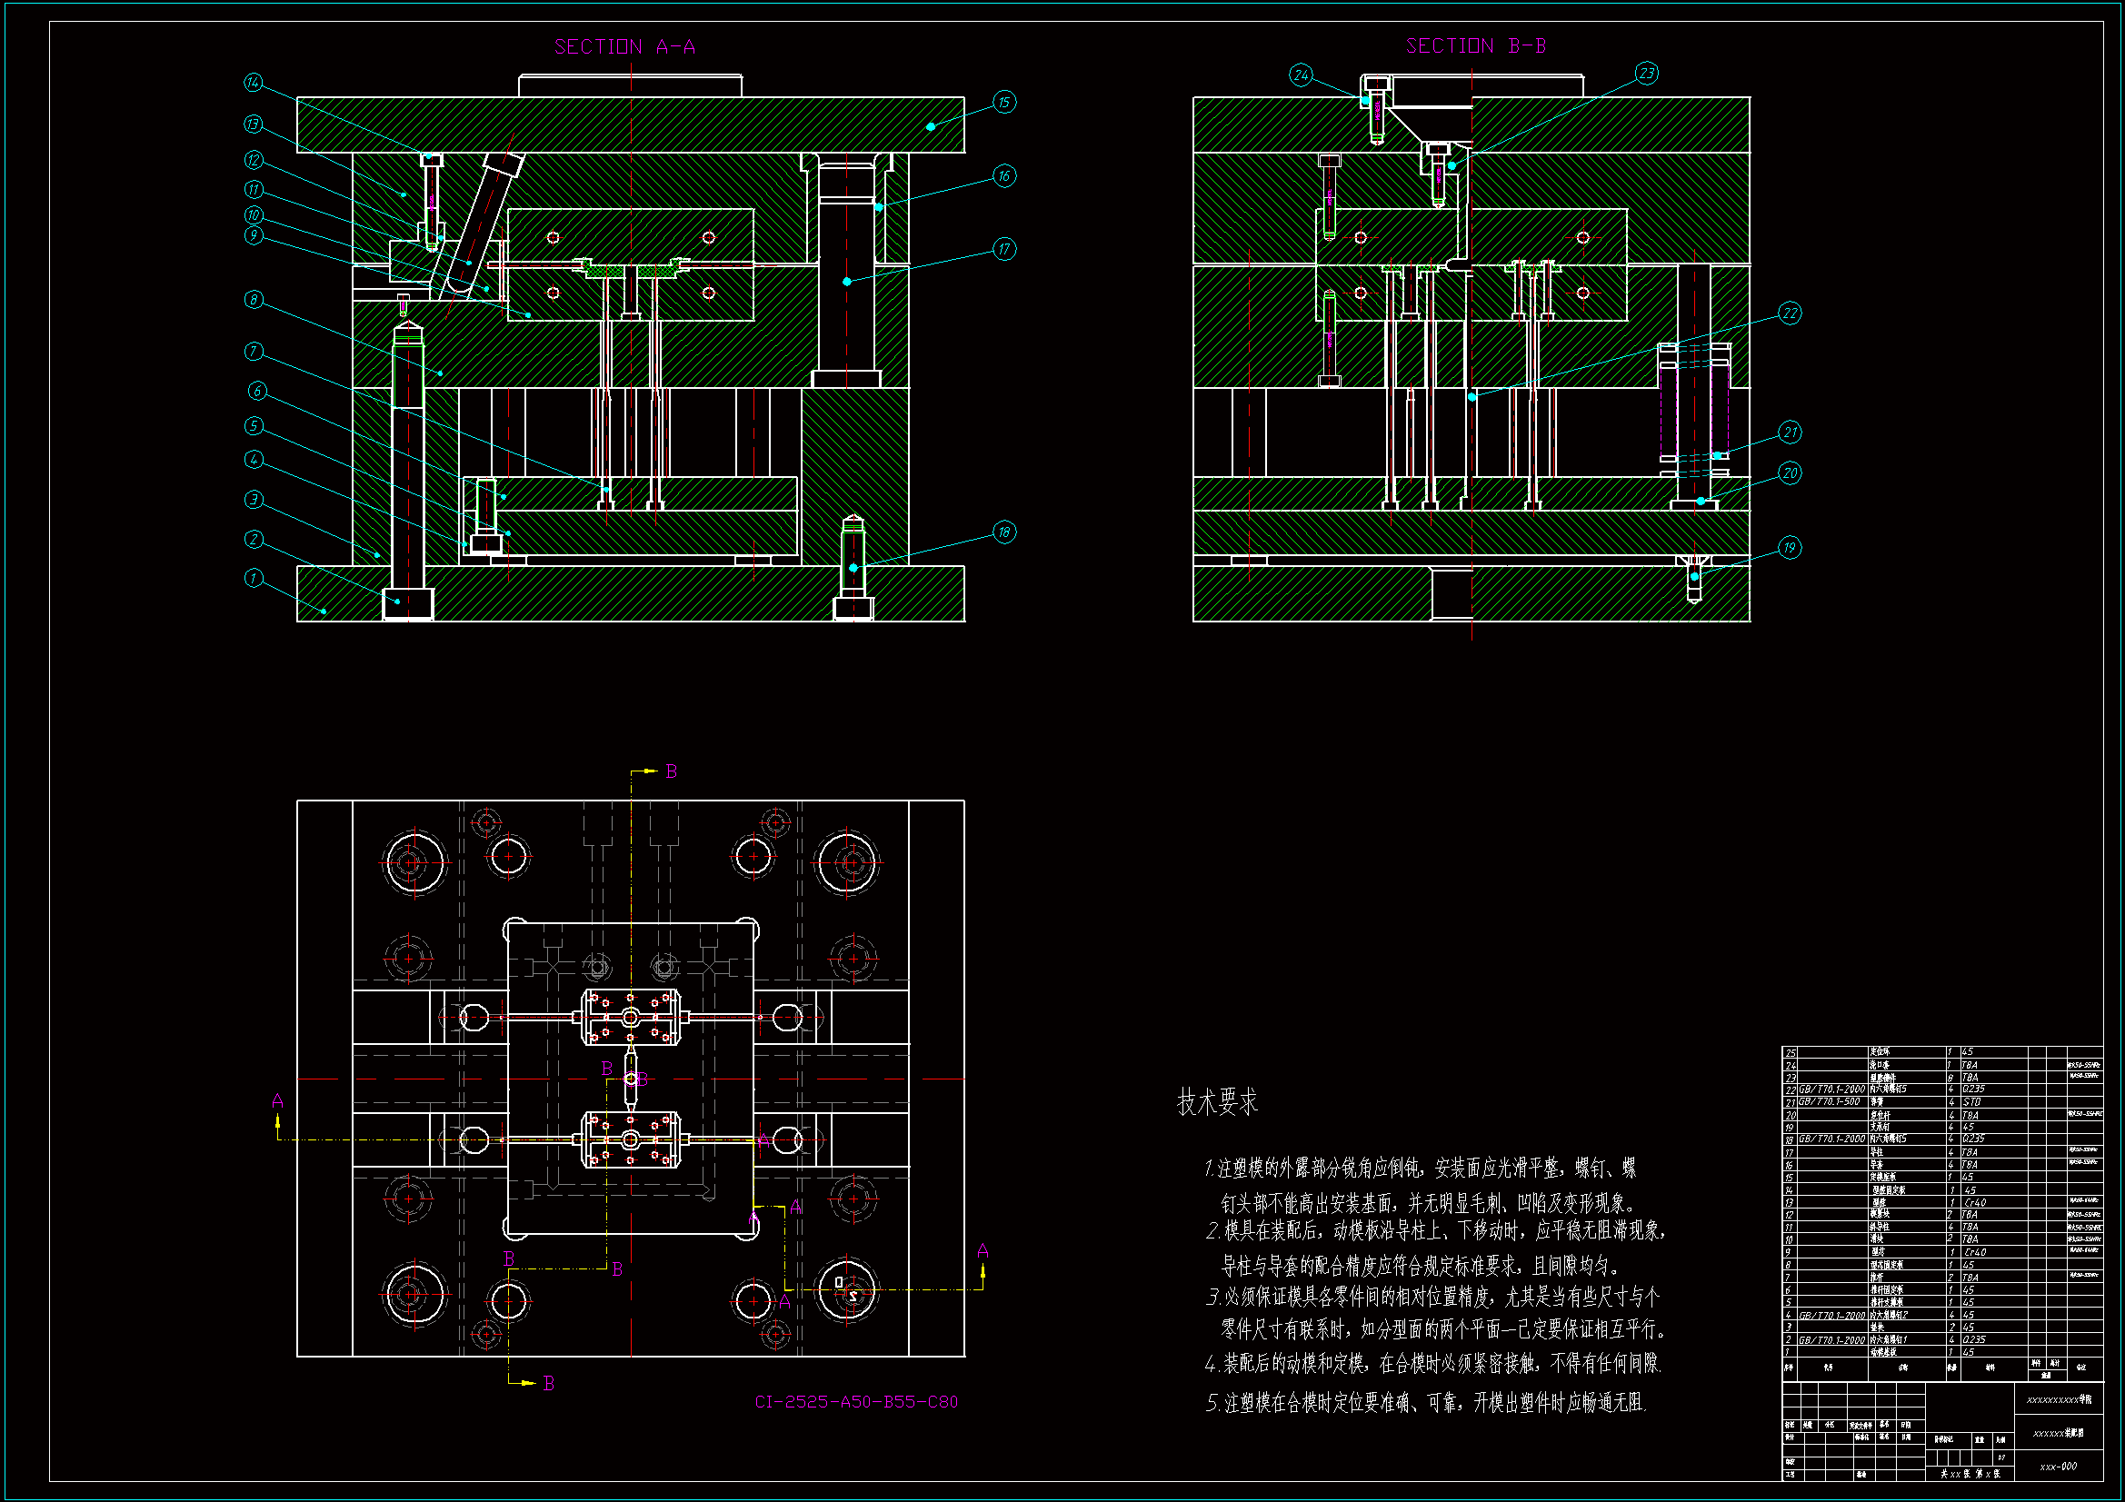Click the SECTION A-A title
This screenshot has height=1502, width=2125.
(x=624, y=46)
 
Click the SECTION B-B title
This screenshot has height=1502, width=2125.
(x=1475, y=45)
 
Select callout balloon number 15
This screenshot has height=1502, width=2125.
(x=1004, y=102)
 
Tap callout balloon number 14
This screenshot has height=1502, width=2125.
(x=254, y=83)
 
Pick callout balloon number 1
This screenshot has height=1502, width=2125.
(x=254, y=579)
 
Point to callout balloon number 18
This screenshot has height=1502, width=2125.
(x=1004, y=532)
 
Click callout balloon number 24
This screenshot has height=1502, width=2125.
(x=1302, y=75)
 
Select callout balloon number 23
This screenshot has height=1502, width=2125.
(x=1647, y=73)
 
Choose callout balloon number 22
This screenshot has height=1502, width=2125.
(x=1790, y=313)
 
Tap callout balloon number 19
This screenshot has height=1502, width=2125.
(x=1789, y=548)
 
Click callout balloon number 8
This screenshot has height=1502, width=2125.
(x=254, y=300)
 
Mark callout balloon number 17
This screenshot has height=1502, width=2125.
(x=1004, y=249)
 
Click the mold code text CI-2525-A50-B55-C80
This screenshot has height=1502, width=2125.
(x=856, y=1402)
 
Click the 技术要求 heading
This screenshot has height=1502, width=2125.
(x=1217, y=1102)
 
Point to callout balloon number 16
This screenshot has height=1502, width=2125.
(x=1004, y=176)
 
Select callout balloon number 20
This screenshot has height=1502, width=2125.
(x=1790, y=473)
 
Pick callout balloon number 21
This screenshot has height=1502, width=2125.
(x=1790, y=433)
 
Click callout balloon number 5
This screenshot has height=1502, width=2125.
(x=254, y=426)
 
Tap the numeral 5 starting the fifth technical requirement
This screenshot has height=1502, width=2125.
(x=1212, y=1404)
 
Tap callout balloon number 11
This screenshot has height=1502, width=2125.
(x=254, y=190)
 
